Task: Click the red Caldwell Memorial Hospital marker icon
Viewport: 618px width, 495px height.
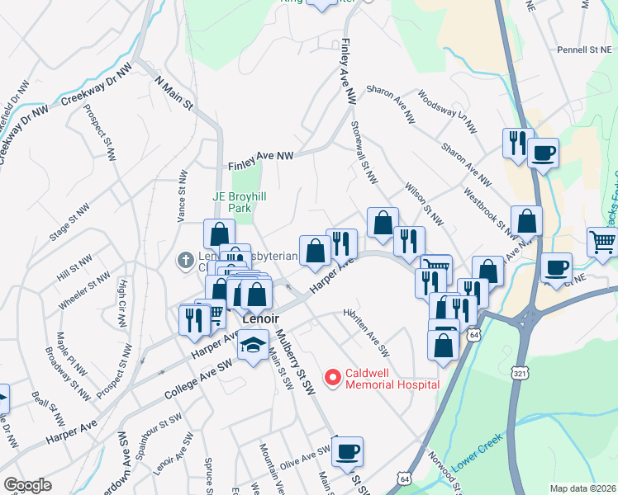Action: [x=334, y=378]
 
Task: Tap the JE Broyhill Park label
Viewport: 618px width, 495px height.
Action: [x=231, y=202]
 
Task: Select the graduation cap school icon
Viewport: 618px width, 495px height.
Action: [x=253, y=346]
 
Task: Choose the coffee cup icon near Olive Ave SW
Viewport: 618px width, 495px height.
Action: [x=348, y=451]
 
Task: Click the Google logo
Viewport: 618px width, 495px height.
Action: [x=27, y=485]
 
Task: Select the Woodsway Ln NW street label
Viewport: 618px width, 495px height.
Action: [x=448, y=112]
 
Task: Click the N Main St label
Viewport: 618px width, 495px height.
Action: [x=174, y=95]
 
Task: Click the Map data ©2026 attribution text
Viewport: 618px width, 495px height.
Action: [x=582, y=488]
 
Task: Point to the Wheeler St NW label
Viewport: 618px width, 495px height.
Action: [x=85, y=292]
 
